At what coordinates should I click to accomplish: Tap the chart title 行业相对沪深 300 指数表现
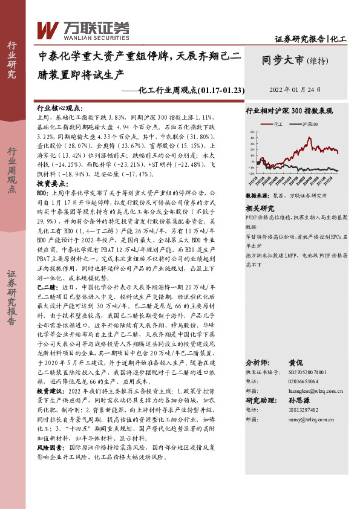(289, 111)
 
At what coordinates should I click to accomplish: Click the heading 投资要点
(51, 183)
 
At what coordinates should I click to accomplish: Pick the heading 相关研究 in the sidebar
(261, 207)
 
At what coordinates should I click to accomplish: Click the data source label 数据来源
(258, 196)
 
